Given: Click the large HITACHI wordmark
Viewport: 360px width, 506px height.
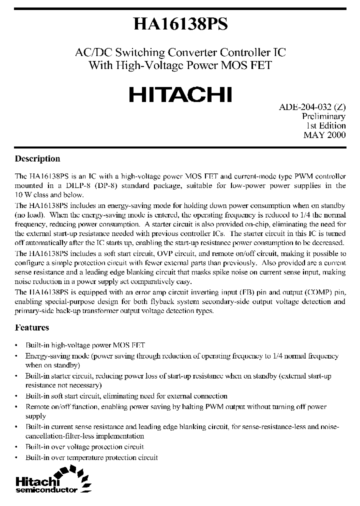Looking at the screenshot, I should coord(180,94).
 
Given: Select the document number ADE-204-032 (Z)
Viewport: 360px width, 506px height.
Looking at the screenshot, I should coord(312,107).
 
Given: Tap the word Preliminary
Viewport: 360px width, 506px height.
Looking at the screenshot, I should coord(324,116).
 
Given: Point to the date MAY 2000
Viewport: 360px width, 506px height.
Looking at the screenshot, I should coord(324,135).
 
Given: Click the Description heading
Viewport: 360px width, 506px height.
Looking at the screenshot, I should coord(37,159).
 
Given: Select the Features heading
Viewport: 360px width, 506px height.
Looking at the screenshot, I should coord(32,327).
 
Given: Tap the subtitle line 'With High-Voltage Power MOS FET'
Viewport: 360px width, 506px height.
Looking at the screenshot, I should coord(180,65).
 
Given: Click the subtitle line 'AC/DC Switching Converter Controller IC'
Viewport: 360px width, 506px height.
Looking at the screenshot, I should coord(180,52).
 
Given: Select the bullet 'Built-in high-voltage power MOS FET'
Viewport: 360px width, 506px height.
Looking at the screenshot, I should coord(85,345).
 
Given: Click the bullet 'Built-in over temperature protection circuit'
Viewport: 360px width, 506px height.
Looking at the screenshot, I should coord(91,457).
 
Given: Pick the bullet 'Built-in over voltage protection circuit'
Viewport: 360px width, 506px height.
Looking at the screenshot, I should coord(84,446).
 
